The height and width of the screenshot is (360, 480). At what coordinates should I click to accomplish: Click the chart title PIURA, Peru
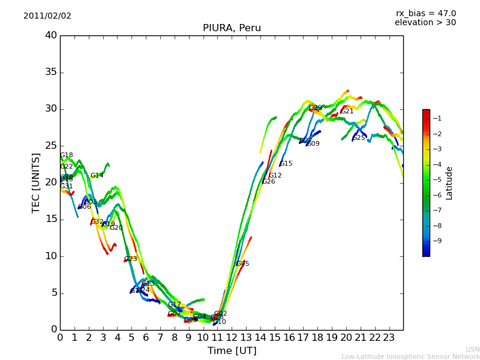(232, 28)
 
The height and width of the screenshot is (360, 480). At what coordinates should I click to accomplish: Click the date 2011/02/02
(47, 16)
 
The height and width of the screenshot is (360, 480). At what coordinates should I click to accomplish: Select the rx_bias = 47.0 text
(426, 13)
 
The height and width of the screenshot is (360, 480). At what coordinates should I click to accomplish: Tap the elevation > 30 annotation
(425, 23)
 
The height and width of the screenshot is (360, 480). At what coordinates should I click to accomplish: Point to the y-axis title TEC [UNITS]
(36, 182)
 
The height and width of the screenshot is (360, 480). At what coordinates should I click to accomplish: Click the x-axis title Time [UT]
(232, 350)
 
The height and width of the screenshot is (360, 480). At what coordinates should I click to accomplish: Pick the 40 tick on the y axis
(50, 35)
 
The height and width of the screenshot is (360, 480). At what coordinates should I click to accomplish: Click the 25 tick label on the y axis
(50, 146)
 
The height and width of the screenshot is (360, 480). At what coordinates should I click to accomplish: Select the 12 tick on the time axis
(232, 337)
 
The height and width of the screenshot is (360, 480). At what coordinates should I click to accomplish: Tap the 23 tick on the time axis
(389, 337)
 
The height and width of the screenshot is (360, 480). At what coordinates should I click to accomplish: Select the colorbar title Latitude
(449, 182)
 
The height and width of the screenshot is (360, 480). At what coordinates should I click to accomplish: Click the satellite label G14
(97, 176)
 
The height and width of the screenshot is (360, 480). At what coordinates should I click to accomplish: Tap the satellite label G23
(131, 259)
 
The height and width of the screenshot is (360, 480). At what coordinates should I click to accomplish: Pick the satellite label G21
(347, 112)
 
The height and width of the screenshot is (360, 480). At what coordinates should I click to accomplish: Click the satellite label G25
(359, 138)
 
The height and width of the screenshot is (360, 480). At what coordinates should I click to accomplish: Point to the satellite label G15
(286, 164)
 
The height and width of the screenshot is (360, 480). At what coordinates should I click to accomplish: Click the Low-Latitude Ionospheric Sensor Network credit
(410, 356)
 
